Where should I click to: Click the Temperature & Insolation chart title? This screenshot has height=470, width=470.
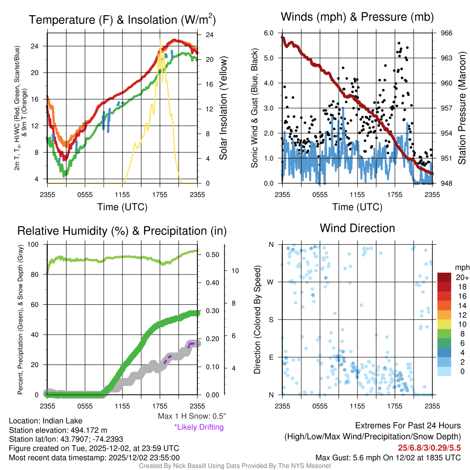122,20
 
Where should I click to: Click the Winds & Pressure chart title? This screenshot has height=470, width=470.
357,17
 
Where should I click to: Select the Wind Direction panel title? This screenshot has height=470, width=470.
357,228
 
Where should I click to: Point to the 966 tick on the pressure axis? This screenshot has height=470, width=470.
446,33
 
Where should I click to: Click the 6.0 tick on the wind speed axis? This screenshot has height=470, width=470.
269,33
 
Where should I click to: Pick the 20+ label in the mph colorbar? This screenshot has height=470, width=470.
462,277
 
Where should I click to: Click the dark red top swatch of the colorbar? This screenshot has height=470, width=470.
445,277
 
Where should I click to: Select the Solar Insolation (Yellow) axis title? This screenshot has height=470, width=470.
224,108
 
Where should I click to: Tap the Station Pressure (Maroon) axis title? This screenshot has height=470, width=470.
462,108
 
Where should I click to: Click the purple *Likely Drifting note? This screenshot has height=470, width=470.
199,427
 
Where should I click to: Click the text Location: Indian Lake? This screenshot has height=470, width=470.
39,421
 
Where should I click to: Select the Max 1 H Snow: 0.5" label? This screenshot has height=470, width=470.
191,416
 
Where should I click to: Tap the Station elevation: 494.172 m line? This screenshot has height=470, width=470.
58,430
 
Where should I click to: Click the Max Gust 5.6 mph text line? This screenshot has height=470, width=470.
388,458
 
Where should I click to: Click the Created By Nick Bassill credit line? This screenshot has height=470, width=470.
235,465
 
